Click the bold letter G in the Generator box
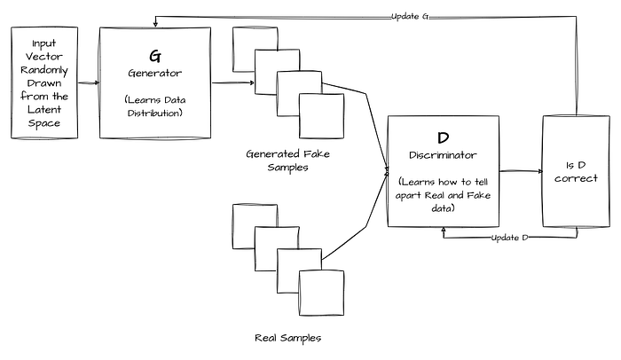click(155, 56)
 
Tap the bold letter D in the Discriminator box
click(444, 137)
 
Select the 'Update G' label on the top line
click(410, 17)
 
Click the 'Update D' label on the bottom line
click(510, 238)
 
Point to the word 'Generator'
click(155, 73)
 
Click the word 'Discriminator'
click(443, 155)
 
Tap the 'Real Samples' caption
click(288, 338)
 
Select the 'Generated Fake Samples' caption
click(288, 160)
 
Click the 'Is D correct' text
click(576, 172)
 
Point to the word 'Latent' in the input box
click(44, 109)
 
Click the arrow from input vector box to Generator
click(89, 82)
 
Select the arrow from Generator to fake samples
click(232, 82)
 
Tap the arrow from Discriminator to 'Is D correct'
click(522, 171)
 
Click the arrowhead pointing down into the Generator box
click(155, 24)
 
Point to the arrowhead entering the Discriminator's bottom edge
click(444, 231)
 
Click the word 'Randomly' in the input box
click(44, 70)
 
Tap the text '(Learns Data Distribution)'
click(155, 106)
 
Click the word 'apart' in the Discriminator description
click(408, 195)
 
